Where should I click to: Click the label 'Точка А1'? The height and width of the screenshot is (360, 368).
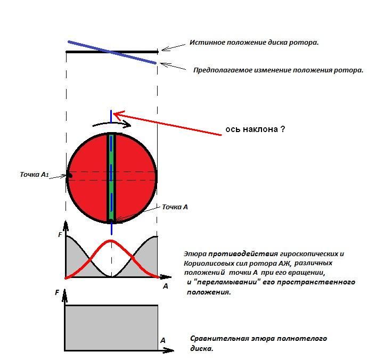[x=34, y=175]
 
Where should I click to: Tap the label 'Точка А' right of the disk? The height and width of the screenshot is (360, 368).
[x=175, y=207]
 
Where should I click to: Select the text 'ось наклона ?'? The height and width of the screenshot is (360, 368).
[x=255, y=129]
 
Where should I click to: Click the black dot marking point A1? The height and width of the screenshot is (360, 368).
[x=70, y=176]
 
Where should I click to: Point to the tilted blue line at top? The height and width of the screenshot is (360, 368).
[x=112, y=52]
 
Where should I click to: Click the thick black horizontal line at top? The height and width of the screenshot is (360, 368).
[x=112, y=52]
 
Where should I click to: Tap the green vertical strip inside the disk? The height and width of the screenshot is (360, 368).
[x=111, y=177]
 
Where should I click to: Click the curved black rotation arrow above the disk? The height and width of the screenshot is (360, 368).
[x=112, y=123]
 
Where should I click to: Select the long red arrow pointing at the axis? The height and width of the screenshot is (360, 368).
[x=167, y=124]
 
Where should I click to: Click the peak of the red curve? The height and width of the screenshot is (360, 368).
[x=111, y=241]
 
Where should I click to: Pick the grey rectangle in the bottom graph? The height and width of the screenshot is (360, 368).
[x=111, y=328]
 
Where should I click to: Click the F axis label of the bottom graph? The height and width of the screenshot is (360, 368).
[x=57, y=293]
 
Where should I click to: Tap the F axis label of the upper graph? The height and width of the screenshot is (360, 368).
[x=60, y=234]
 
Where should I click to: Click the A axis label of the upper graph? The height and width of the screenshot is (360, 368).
[x=166, y=286]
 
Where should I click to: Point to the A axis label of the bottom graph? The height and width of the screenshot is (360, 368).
[x=163, y=340]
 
